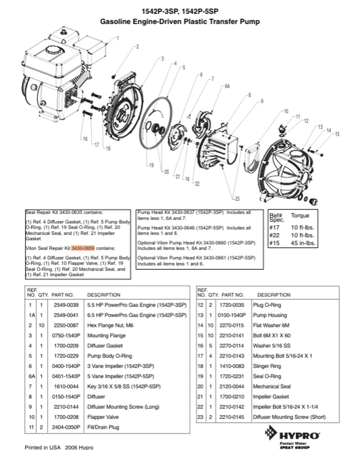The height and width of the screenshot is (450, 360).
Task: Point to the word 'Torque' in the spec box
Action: point(300,215)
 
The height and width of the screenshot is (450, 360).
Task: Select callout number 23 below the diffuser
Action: point(237,199)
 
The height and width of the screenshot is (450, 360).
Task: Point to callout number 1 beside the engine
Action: point(118,38)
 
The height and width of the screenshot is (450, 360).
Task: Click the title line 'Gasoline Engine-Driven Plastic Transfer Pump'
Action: point(180,22)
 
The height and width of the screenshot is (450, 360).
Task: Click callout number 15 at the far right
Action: point(337,134)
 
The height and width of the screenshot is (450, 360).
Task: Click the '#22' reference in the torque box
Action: point(274,235)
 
